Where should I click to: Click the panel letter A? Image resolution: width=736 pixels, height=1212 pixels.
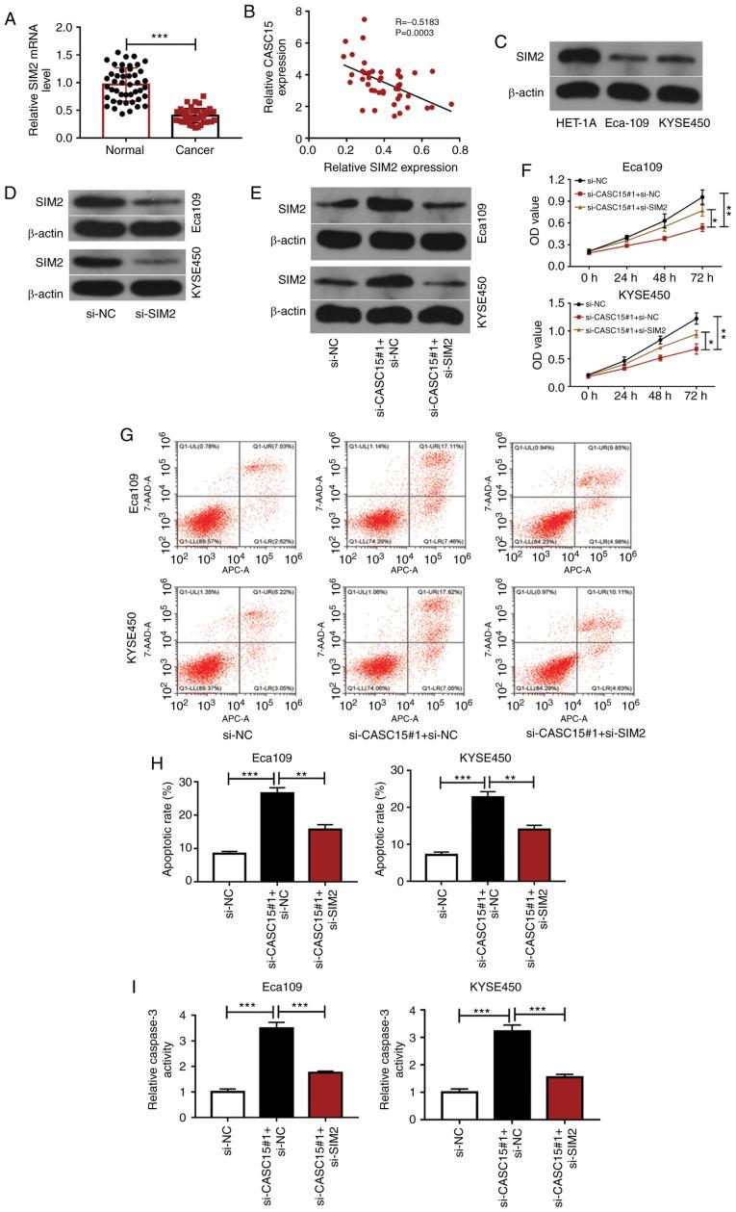coord(10,13)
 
